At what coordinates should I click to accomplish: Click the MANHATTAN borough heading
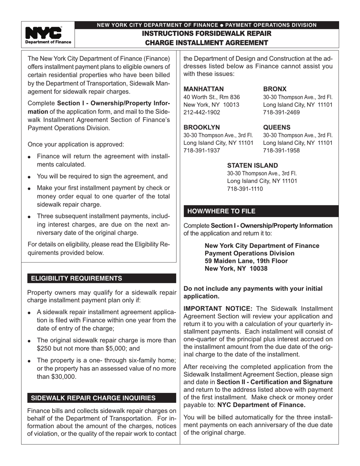pyautogui.click(x=203, y=89)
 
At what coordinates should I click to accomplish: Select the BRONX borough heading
pyautogui.click(x=275, y=89)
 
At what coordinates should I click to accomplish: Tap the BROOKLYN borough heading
pyautogui.click(x=202, y=127)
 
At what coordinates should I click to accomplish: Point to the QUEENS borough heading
pyautogui.click(x=277, y=127)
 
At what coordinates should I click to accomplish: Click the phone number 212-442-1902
pyautogui.click(x=202, y=112)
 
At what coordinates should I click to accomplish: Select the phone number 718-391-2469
pyautogui.click(x=281, y=112)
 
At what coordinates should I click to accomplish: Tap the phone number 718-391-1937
pyautogui.click(x=202, y=150)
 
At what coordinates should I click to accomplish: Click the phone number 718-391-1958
pyautogui.click(x=281, y=150)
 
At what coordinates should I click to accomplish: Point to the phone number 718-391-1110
pyautogui.click(x=245, y=189)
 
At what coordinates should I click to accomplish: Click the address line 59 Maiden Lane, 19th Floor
pyautogui.click(x=246, y=261)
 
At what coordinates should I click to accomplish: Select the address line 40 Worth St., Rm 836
pyautogui.click(x=211, y=97)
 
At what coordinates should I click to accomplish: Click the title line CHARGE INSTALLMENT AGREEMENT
pyautogui.click(x=207, y=43)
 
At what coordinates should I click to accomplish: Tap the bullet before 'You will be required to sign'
pyautogui.click(x=30, y=177)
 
